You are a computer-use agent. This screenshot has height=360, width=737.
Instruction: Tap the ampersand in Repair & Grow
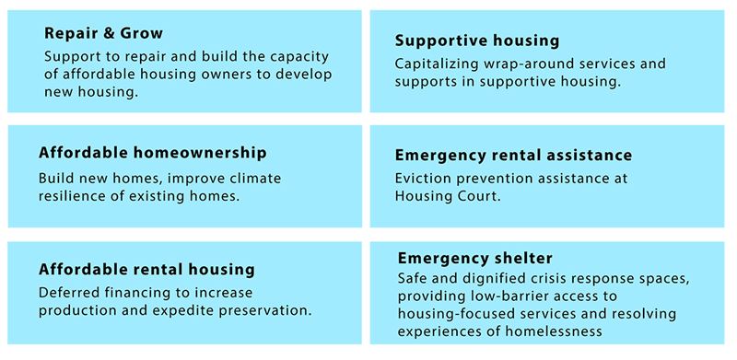click(x=109, y=34)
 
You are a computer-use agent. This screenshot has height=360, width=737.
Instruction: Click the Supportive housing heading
click(x=477, y=41)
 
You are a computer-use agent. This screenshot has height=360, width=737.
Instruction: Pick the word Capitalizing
click(x=437, y=64)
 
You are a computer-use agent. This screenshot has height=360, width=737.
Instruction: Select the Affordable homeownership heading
click(x=153, y=153)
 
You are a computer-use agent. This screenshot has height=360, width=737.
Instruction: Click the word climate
click(x=252, y=178)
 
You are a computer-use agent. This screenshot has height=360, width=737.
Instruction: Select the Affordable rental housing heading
click(x=146, y=269)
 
